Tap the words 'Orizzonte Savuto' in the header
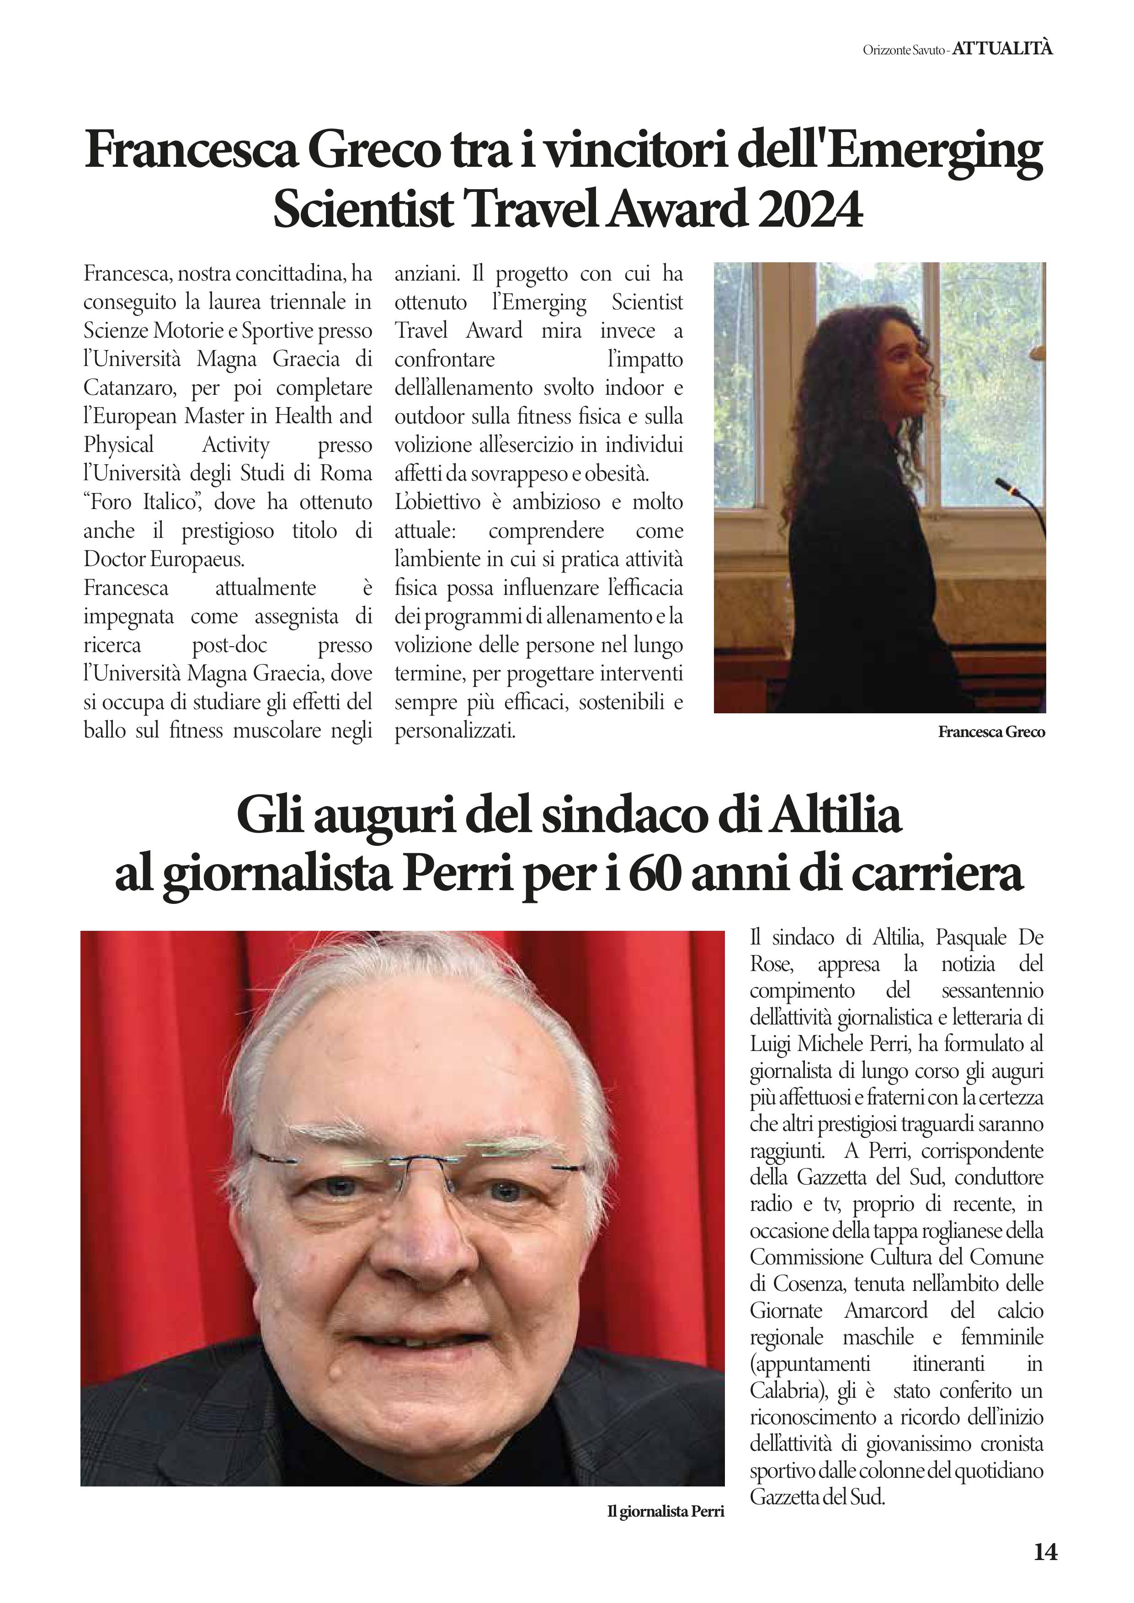[x=904, y=49]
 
